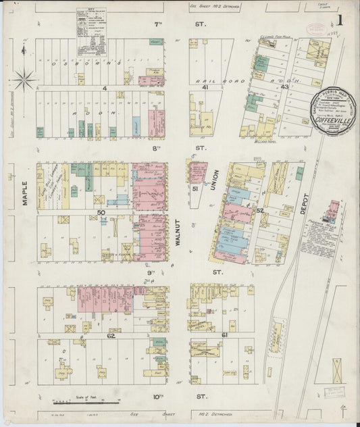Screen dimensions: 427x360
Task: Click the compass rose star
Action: click(24, 80)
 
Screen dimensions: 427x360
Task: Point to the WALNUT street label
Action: click(180, 233)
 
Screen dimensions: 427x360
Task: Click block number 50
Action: click(101, 213)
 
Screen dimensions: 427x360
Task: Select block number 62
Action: click(110, 335)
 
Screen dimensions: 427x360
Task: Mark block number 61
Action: click(224, 335)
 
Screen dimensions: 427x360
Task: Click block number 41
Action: click(202, 88)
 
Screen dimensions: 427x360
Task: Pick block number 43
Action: click(284, 88)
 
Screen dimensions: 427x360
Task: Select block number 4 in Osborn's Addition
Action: click(105, 88)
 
